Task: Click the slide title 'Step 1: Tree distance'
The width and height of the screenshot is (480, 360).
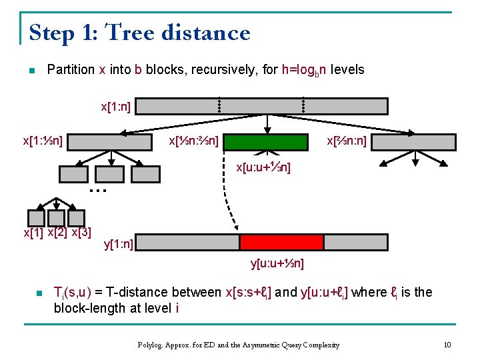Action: point(140,32)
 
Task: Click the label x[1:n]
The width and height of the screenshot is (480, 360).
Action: point(115,106)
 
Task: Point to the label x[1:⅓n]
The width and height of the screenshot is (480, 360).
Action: point(43,141)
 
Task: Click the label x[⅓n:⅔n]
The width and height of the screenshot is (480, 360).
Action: point(193,141)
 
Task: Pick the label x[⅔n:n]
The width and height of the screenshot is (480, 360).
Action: point(346,141)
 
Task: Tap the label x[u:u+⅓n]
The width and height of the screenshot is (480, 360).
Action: point(263,167)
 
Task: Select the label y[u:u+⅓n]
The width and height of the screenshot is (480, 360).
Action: point(277,263)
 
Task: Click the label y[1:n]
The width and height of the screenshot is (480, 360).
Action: point(119,244)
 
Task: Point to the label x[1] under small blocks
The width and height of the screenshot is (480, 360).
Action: point(33,233)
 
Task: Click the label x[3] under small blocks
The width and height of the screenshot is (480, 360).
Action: point(81,233)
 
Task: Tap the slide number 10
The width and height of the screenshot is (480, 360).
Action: point(447,345)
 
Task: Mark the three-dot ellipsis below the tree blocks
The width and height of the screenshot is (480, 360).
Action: point(98,190)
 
